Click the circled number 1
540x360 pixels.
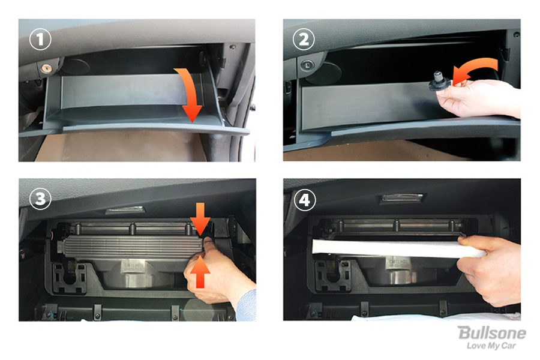[40, 39]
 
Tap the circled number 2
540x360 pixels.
[304, 39]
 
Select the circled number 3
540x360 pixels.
[40, 199]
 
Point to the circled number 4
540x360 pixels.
[305, 200]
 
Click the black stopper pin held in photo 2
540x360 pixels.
[439, 82]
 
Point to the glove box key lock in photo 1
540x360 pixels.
[46, 68]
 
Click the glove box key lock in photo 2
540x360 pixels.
[306, 64]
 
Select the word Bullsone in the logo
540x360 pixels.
[492, 333]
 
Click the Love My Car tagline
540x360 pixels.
[491, 346]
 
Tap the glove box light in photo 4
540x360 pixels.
[401, 199]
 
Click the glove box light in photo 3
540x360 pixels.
[125, 210]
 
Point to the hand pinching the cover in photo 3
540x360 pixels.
[217, 272]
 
